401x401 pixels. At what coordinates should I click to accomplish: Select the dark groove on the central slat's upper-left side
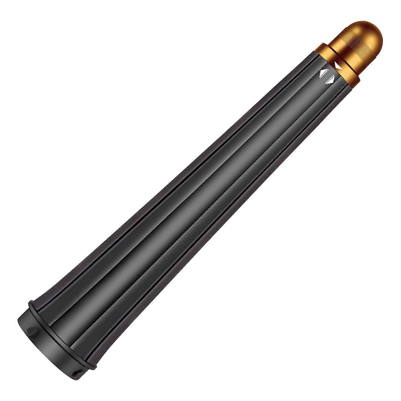coord(175,190)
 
